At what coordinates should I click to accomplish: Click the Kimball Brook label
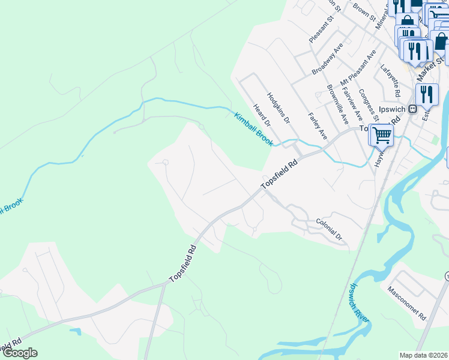tap(253, 129)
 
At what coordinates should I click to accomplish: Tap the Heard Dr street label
tap(262, 114)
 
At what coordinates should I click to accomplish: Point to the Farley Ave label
tap(316, 126)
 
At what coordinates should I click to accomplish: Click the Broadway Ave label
tap(327, 58)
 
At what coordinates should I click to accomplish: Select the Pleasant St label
tap(316, 30)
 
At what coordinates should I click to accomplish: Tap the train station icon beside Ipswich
tap(412, 109)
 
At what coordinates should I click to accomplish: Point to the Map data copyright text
tap(424, 355)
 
